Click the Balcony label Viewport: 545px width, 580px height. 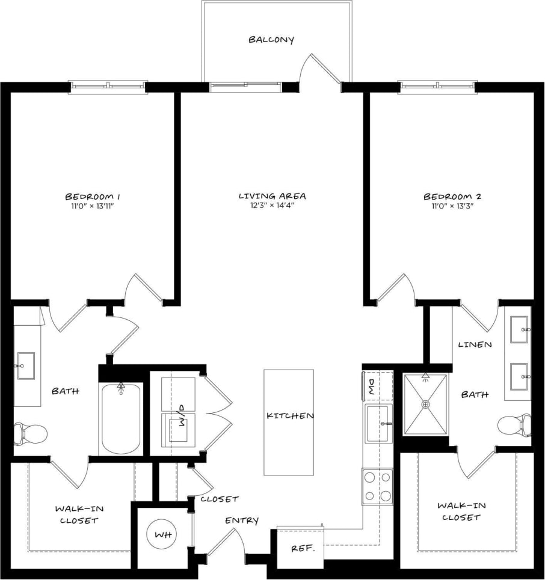click(x=271, y=40)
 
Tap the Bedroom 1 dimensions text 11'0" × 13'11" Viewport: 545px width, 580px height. click(x=93, y=206)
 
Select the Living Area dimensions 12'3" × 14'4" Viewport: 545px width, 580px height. click(x=272, y=206)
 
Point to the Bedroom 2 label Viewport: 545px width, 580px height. click(x=452, y=197)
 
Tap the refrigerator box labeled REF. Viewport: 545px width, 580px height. click(x=300, y=548)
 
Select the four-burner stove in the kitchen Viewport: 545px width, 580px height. click(x=377, y=487)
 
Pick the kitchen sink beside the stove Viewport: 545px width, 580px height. click(x=378, y=423)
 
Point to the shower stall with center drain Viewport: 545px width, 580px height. click(x=426, y=404)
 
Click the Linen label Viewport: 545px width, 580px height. click(x=475, y=345)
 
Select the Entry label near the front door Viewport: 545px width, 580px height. click(x=242, y=520)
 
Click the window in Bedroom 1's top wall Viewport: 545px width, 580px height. click(x=108, y=87)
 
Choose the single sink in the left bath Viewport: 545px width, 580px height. click(x=26, y=366)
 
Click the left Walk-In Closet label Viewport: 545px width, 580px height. click(x=78, y=514)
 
